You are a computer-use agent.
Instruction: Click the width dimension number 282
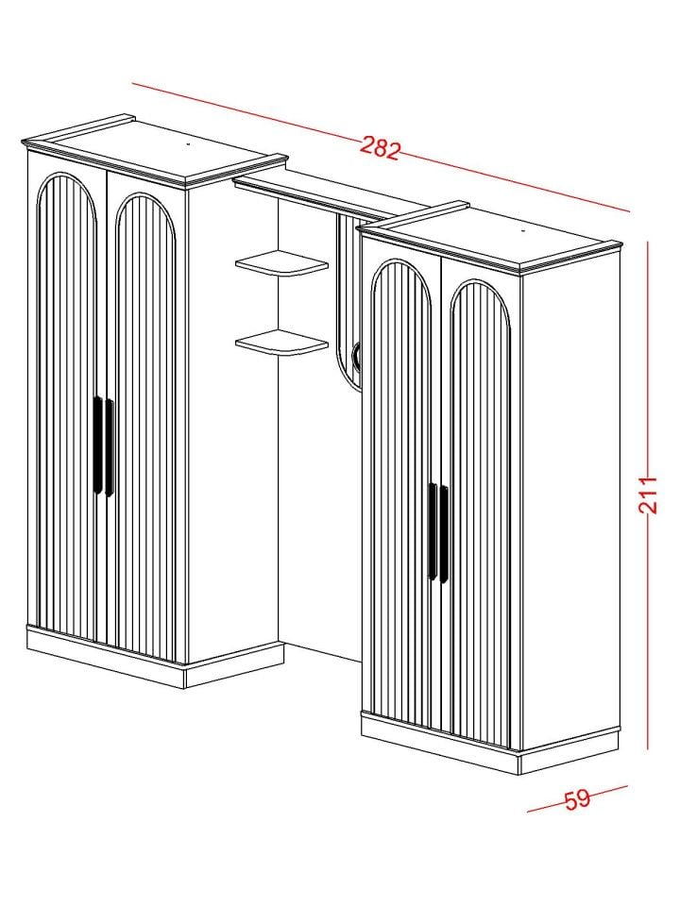click(x=380, y=147)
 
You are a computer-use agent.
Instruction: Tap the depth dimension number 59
click(x=576, y=799)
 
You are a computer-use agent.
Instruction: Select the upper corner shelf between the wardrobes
click(x=281, y=263)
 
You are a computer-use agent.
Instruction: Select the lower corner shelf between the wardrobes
click(x=281, y=343)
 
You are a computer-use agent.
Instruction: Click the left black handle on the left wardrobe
click(x=97, y=445)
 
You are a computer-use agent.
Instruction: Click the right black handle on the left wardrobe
click(x=110, y=447)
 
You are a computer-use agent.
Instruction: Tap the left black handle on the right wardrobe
click(x=433, y=531)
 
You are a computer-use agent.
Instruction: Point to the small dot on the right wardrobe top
click(x=522, y=230)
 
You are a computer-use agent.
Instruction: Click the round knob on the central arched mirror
click(x=356, y=354)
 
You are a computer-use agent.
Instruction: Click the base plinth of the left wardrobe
click(x=155, y=659)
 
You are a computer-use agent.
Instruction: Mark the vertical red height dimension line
click(x=648, y=495)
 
